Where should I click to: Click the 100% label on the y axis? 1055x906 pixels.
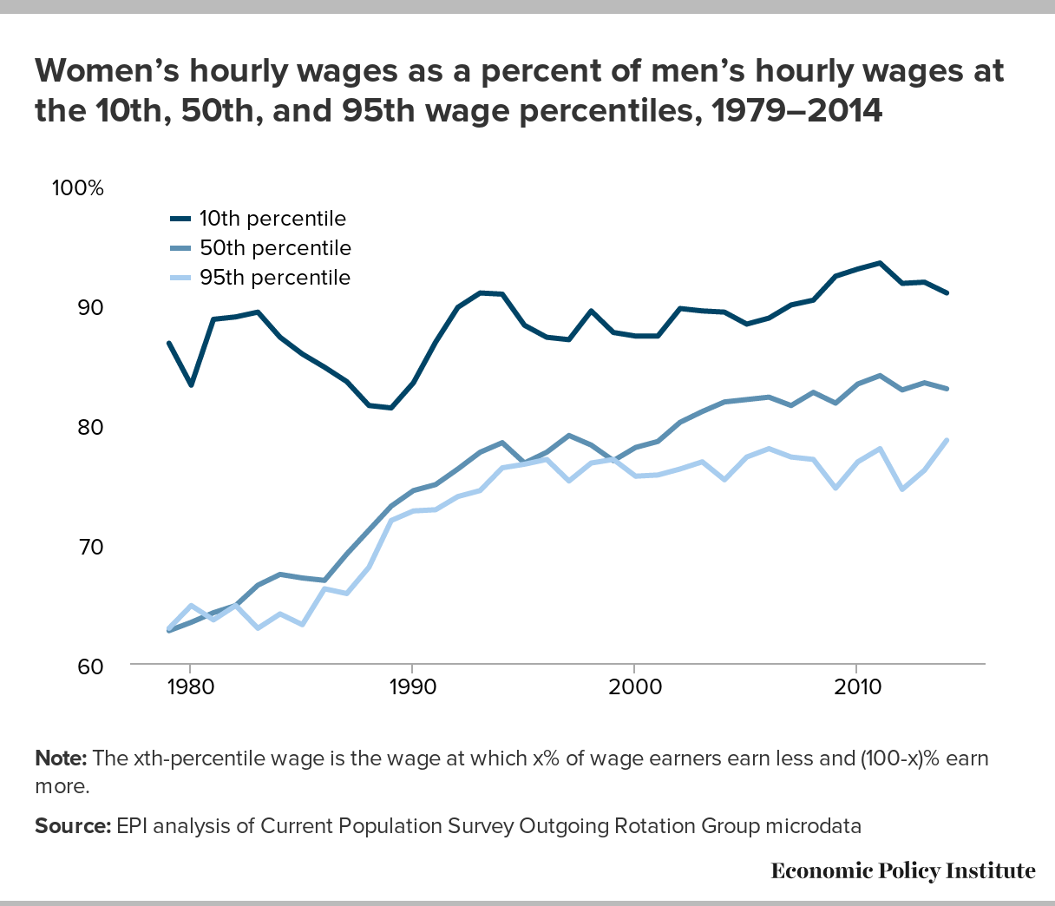coord(77,187)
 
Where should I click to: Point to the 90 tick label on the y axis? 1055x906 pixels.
coord(90,307)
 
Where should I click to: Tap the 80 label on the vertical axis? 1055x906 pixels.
coord(90,427)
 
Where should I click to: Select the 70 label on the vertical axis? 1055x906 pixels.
coord(90,547)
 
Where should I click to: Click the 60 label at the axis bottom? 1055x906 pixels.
coord(90,666)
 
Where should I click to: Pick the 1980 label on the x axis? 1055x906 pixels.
coord(190,687)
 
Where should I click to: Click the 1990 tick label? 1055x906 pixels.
coord(412,687)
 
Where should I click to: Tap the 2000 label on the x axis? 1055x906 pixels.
coord(634,687)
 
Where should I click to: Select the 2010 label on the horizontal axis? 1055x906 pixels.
coord(857,687)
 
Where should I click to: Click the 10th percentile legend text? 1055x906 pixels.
coord(272,219)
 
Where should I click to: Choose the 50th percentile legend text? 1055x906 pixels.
coord(275,248)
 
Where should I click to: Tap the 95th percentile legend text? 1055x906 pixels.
coord(275,278)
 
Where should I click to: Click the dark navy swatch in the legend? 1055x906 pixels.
coord(180,219)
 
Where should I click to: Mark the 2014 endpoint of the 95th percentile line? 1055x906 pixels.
coord(947,440)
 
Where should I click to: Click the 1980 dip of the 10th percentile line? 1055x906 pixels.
coord(191,384)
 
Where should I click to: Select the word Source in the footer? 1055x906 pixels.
coord(73,826)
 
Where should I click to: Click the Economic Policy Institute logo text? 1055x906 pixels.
coord(903,870)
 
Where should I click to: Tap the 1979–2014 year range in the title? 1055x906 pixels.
coord(796,111)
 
